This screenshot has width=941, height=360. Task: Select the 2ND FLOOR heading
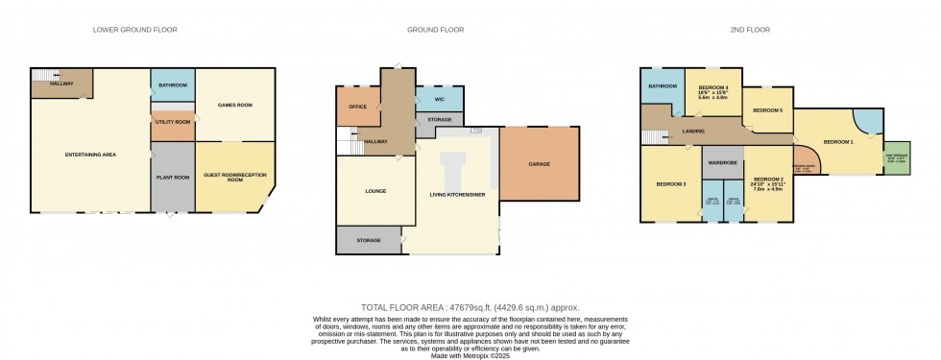point(750,30)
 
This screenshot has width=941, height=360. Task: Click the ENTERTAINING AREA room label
point(90,156)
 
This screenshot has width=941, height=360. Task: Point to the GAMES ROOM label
point(235,105)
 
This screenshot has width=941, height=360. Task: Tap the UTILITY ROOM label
point(173,123)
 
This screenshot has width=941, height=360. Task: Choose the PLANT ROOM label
point(173,177)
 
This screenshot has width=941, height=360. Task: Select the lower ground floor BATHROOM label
point(173,85)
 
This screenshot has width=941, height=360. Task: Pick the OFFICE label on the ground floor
point(358,107)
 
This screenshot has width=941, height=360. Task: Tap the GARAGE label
point(540,164)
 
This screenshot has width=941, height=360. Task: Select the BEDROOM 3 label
point(671,183)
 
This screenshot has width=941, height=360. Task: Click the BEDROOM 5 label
point(767,111)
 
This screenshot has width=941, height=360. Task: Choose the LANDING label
point(693,132)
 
